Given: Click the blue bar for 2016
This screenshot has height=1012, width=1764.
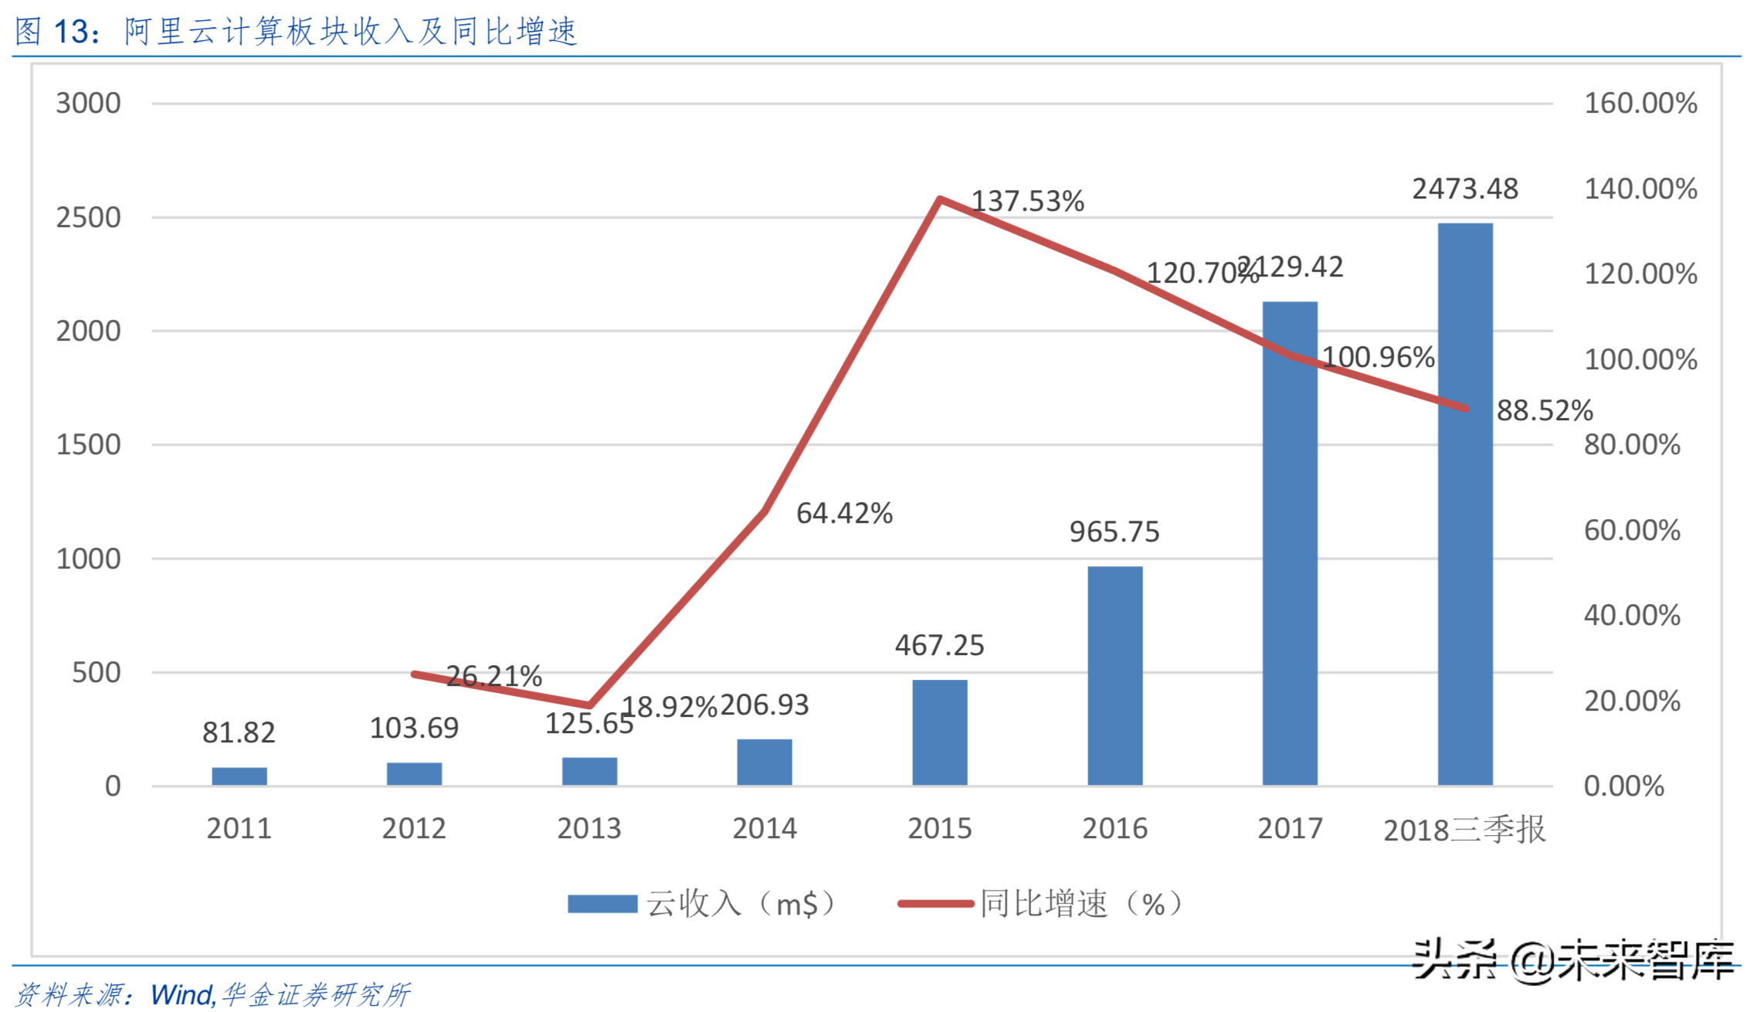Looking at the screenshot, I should [1114, 676].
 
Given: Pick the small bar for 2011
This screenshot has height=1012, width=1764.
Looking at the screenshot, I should [239, 776].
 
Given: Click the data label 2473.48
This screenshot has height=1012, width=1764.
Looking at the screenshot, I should [1464, 189].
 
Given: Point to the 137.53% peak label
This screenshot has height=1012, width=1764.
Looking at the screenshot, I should [1027, 202].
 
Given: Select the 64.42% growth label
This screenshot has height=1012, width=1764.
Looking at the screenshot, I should [844, 514].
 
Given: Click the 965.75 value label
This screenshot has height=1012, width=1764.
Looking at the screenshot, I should [1114, 532].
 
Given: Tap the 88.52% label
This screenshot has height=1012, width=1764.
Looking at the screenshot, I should [1545, 411].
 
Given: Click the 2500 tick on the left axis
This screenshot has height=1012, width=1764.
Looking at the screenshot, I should [88, 218].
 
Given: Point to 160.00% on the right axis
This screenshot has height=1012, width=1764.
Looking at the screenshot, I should [1640, 104].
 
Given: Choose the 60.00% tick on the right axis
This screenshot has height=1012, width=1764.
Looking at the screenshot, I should [1632, 531].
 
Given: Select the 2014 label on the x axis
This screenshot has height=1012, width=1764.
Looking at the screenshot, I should [764, 829].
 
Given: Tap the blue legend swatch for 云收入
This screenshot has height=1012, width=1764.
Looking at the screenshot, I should [602, 904].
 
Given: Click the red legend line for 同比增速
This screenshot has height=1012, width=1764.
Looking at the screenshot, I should [935, 904].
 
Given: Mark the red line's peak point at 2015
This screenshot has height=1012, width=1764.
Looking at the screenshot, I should [939, 199].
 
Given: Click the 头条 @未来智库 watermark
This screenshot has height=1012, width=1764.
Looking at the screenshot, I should [1572, 961].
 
